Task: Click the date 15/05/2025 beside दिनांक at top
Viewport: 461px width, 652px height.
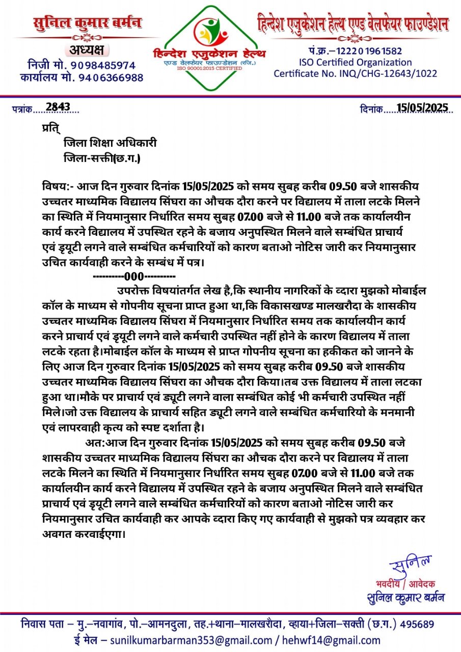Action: [422, 107]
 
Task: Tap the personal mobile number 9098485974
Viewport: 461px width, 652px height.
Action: [103, 65]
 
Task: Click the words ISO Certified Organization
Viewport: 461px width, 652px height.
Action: [356, 62]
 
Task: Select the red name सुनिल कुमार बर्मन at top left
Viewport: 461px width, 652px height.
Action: [87, 23]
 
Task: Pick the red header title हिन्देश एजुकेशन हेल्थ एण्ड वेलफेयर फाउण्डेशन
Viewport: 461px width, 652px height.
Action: [352, 24]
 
